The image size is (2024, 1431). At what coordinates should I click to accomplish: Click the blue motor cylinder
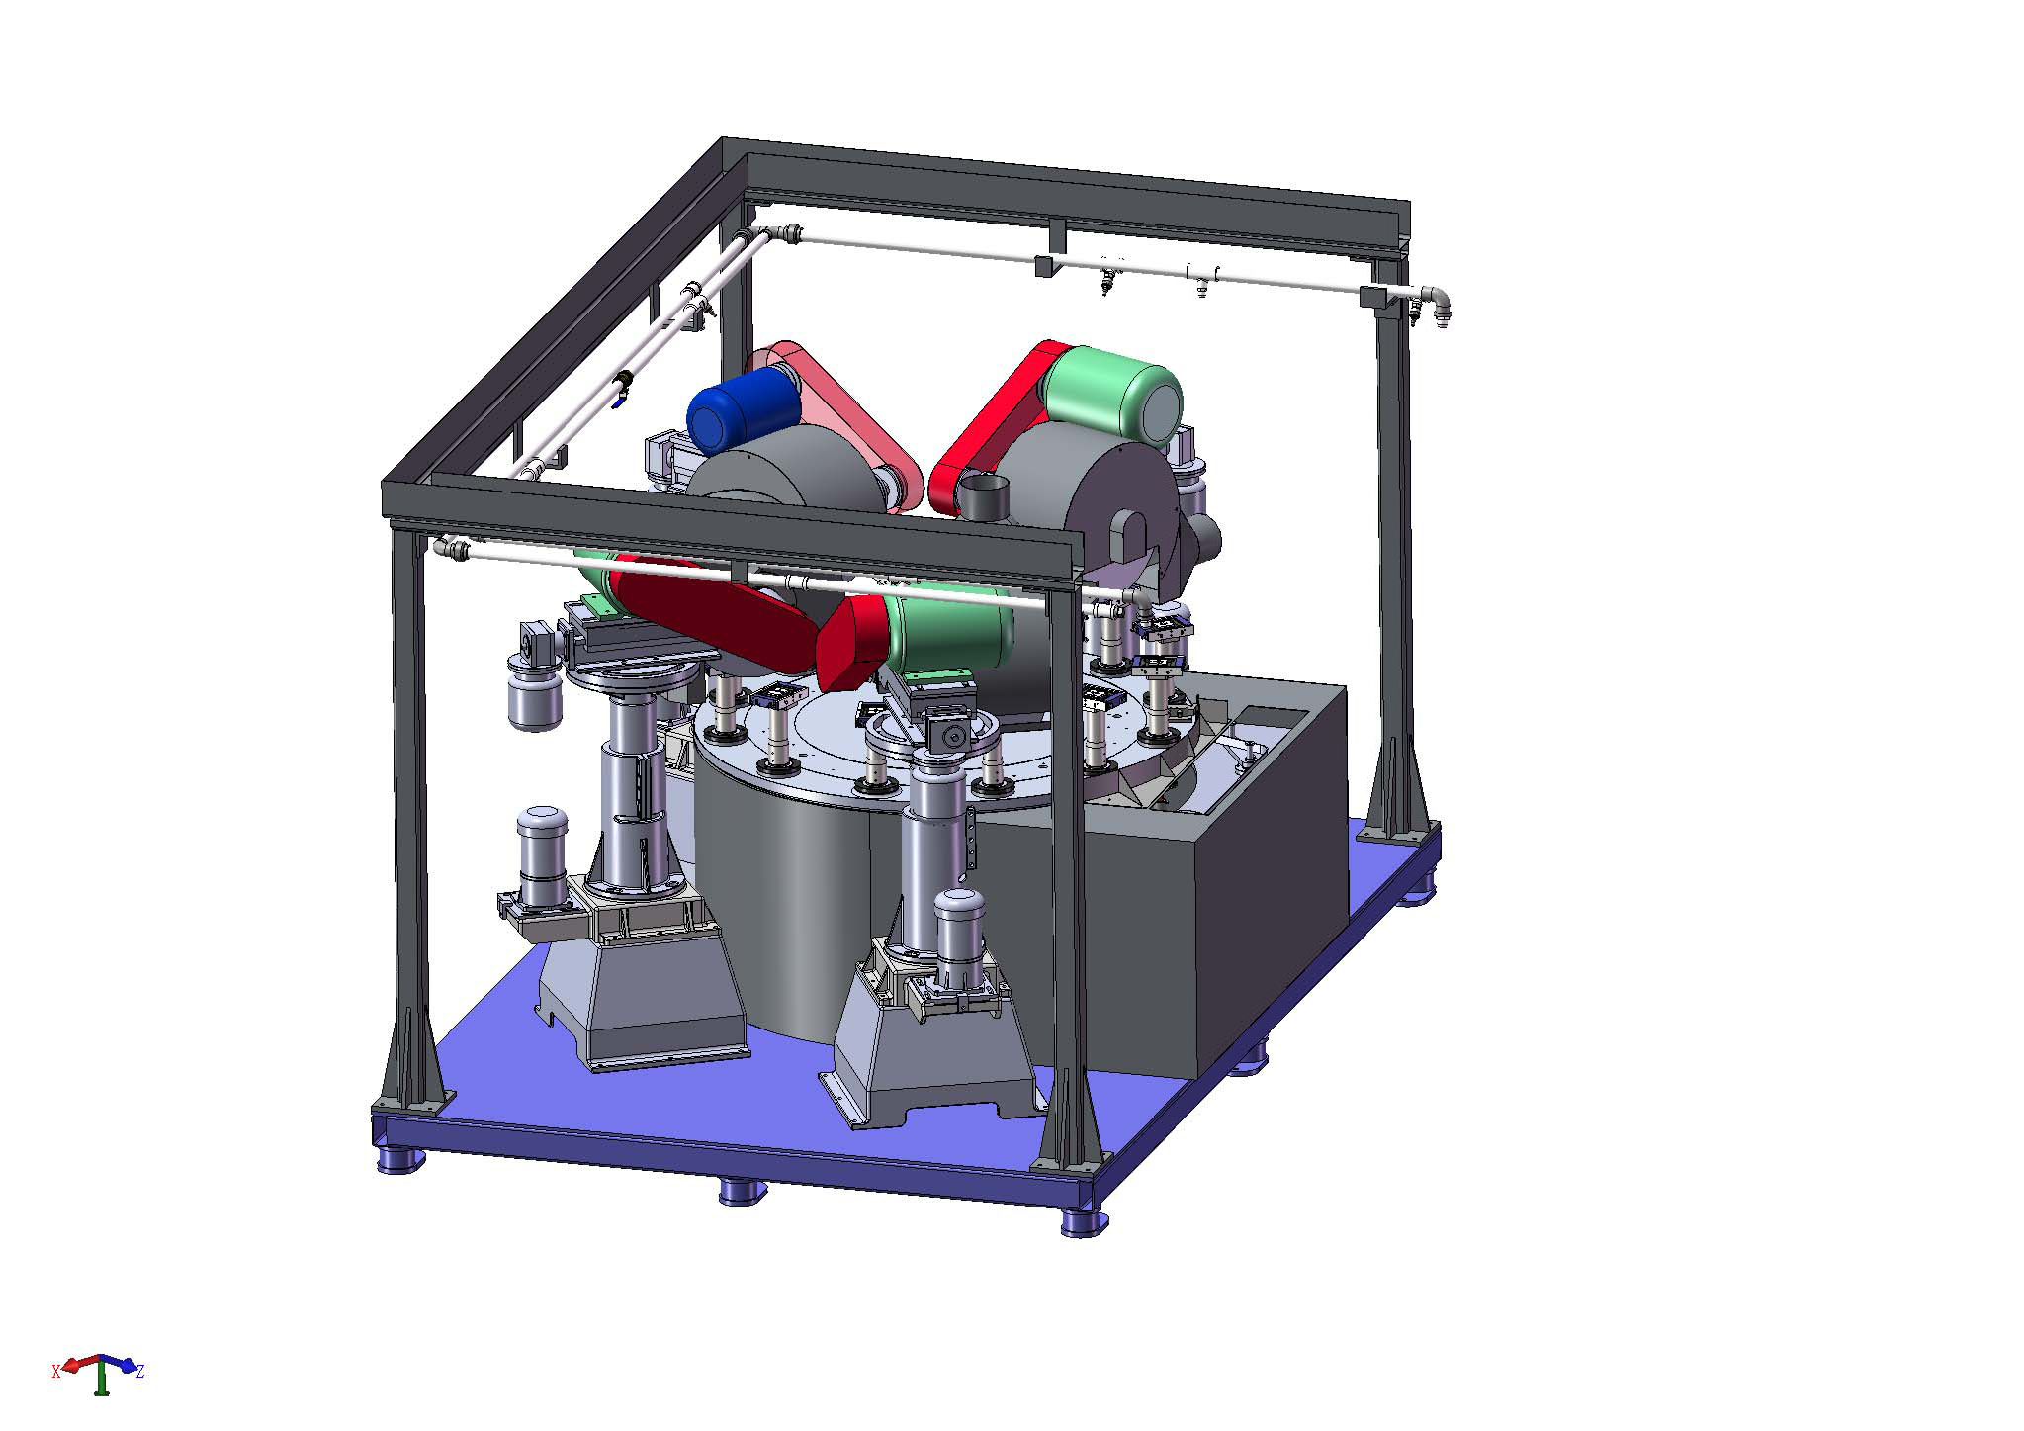click(x=737, y=409)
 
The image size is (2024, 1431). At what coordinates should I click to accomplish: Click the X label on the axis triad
click(x=56, y=1371)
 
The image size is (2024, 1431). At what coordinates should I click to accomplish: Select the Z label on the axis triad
click(x=140, y=1371)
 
